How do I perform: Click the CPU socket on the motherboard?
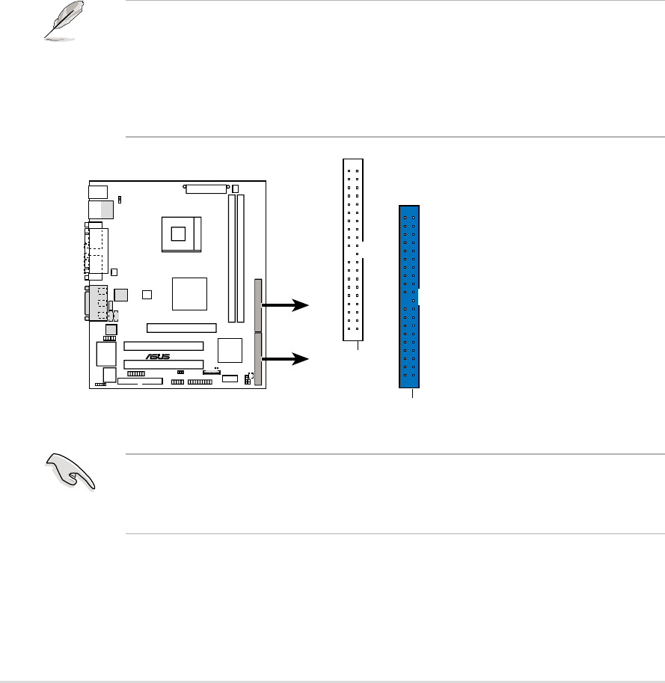pos(180,233)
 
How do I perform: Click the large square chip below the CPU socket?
pos(189,293)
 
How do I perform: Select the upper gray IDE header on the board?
pos(259,305)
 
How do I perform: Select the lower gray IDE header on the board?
pos(259,360)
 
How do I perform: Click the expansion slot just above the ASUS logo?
pos(163,346)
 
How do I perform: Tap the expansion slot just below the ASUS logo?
pos(163,366)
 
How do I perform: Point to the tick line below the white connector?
pos(358,346)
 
